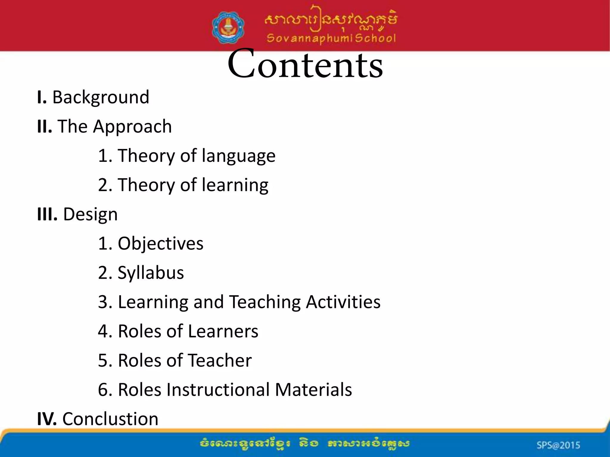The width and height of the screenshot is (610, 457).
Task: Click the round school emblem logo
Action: (228, 28)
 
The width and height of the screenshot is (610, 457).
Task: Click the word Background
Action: (101, 97)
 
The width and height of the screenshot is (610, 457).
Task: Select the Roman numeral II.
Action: (44, 126)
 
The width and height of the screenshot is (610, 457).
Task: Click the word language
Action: (238, 156)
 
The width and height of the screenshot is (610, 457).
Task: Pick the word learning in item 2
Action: (235, 185)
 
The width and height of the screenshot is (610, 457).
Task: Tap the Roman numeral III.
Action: (47, 214)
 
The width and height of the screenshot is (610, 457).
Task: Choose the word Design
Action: (90, 215)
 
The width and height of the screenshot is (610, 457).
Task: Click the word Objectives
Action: (161, 244)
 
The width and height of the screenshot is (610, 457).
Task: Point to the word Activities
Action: (343, 302)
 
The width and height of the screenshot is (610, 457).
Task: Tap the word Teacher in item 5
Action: (220, 360)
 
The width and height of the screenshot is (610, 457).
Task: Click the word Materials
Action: (313, 390)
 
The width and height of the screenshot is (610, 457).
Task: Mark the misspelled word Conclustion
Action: (110, 419)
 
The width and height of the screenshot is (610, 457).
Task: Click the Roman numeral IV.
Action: (47, 419)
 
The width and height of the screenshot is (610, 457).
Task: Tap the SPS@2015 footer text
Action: (558, 445)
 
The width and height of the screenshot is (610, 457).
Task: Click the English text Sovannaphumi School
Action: (331, 38)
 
